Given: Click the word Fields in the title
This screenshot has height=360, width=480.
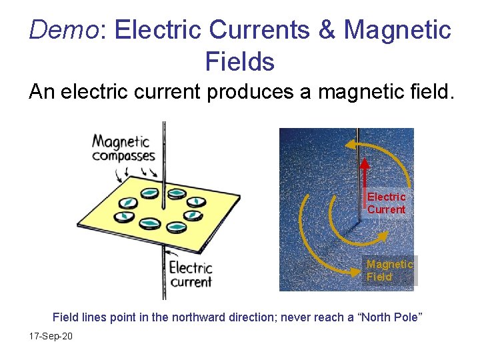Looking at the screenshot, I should coord(240,62).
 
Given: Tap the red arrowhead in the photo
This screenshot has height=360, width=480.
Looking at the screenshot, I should coord(366,164).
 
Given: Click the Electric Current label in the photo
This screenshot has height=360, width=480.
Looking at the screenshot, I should coord(387,203).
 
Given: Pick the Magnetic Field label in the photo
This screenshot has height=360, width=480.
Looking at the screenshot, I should coord(390,271).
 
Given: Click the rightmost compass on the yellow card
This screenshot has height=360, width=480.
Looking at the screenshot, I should coord(193,215).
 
